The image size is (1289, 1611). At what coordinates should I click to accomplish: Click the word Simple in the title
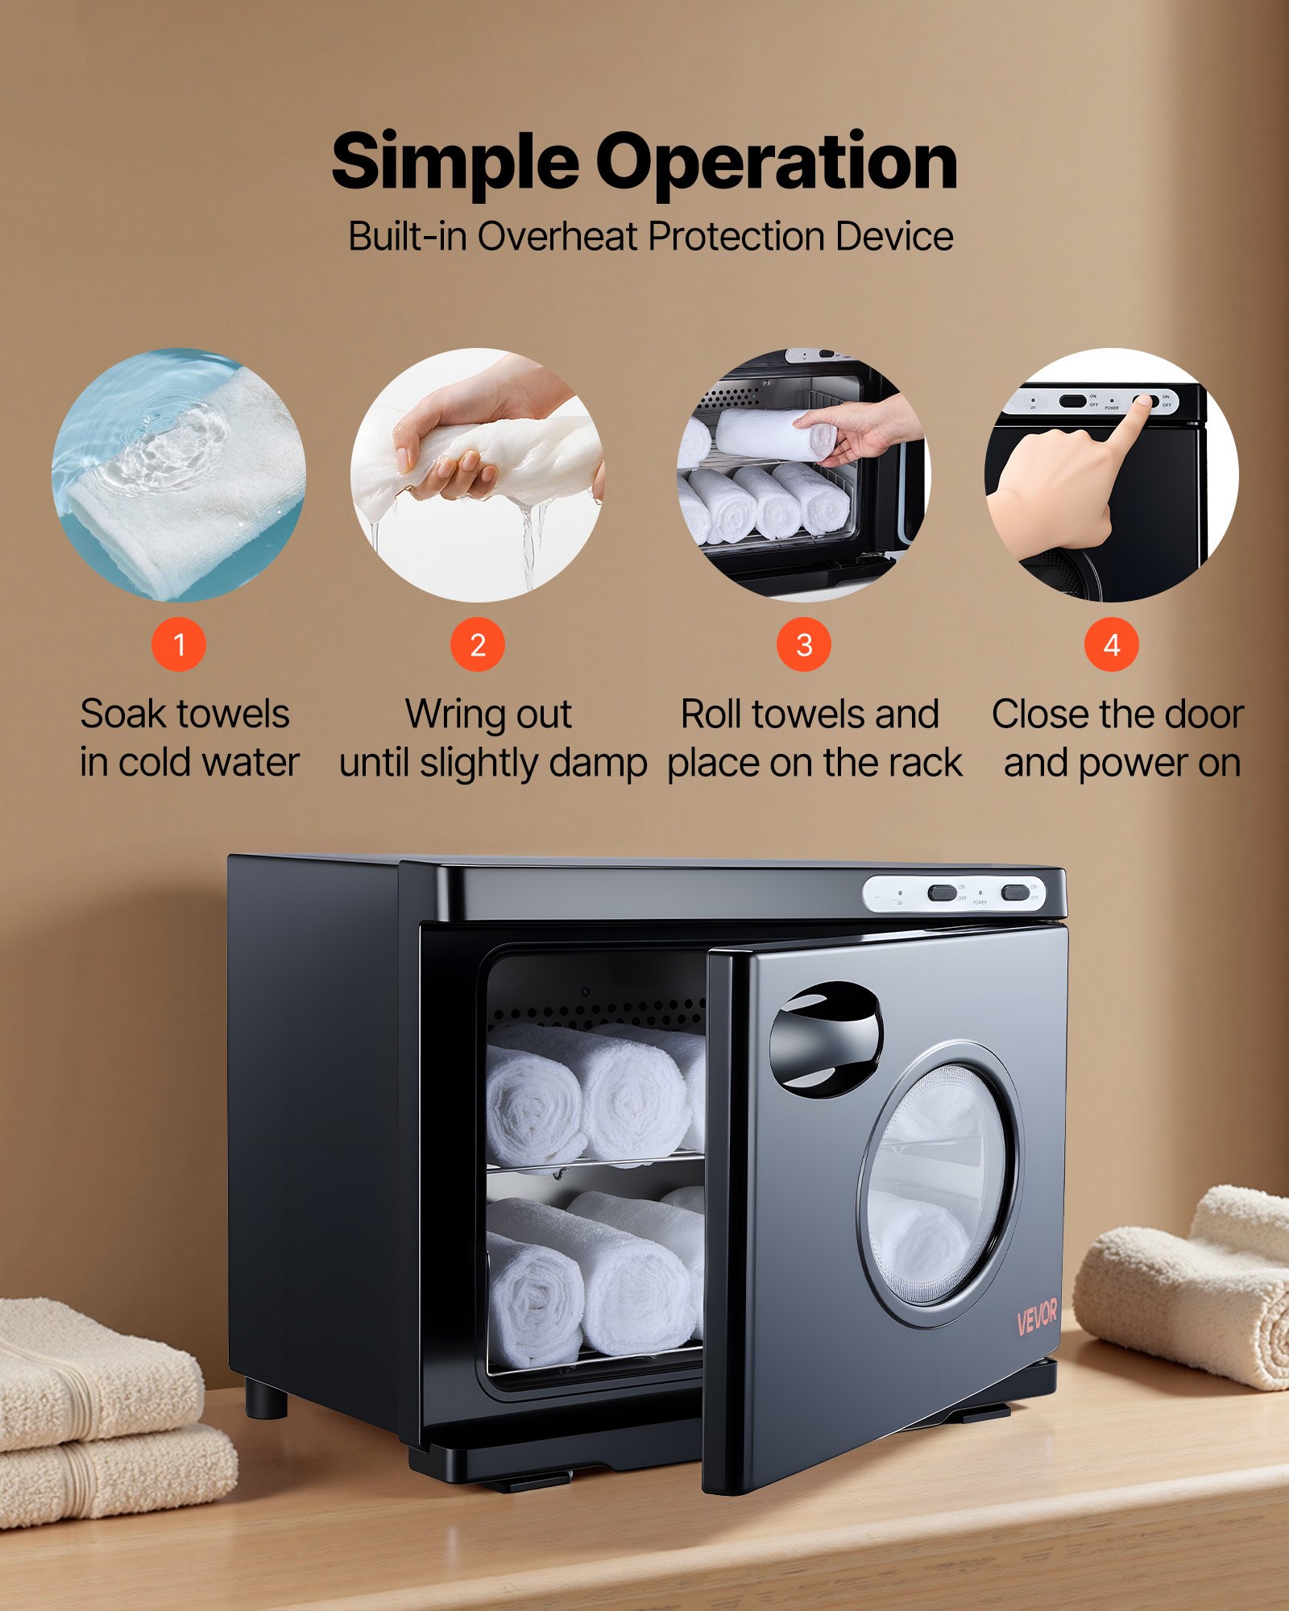click(455, 164)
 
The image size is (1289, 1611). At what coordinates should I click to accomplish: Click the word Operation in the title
click(776, 164)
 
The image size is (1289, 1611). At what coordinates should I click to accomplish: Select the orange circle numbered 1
click(179, 644)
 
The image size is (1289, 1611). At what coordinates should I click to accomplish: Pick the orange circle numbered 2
click(478, 644)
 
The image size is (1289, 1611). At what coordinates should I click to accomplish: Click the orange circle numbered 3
click(803, 644)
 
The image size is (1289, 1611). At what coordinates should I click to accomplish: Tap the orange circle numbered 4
click(1111, 644)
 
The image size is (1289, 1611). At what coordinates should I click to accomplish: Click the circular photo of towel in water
click(179, 475)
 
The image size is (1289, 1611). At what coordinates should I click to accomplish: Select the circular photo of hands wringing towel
click(478, 475)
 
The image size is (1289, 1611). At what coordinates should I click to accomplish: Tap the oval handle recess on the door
click(826, 1039)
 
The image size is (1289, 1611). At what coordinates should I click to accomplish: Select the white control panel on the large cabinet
click(955, 894)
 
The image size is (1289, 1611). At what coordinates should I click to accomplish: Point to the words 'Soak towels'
click(185, 714)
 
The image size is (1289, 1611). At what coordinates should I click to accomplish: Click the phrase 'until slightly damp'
click(493, 763)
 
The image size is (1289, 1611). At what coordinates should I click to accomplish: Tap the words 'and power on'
click(1121, 763)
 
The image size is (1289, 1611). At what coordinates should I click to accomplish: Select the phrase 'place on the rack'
click(814, 763)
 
